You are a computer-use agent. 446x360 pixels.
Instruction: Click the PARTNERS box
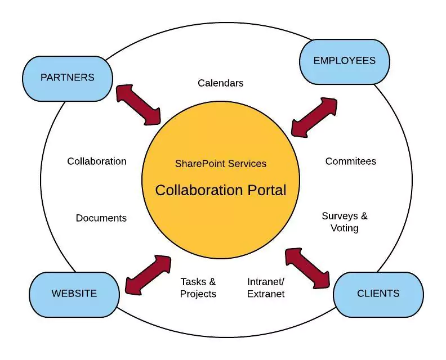(x=68, y=78)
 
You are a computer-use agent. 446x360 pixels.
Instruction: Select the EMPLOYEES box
(x=344, y=61)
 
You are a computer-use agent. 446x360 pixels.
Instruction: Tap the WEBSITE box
(x=74, y=294)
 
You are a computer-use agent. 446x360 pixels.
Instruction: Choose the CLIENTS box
(x=378, y=294)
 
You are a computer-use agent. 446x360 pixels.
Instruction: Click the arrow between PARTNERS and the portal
(x=138, y=104)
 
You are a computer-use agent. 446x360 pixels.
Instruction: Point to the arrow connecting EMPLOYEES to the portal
(x=314, y=117)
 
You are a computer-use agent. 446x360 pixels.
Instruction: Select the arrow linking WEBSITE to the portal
(x=148, y=275)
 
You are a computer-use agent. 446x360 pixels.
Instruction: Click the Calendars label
(x=221, y=83)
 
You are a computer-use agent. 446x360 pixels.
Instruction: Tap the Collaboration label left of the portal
(x=97, y=161)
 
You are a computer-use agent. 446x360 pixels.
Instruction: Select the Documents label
(x=101, y=218)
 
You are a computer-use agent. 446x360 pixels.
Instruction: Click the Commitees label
(x=351, y=161)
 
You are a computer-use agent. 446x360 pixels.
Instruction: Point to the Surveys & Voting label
(x=345, y=222)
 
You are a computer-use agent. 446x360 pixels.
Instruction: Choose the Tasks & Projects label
(x=198, y=288)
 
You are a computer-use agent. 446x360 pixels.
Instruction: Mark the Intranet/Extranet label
(x=266, y=288)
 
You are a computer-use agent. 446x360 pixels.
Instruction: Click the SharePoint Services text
(x=221, y=164)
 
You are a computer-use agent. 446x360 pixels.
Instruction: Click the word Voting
(x=345, y=228)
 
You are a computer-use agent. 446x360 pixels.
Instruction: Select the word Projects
(x=198, y=294)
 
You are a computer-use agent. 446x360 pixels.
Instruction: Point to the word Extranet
(x=266, y=294)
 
